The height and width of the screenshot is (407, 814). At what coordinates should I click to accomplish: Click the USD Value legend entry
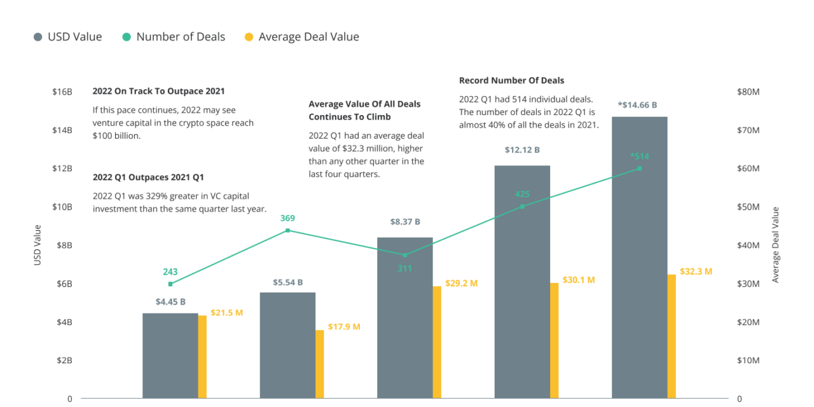[x=68, y=37]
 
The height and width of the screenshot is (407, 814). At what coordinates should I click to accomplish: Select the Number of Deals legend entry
[x=174, y=37]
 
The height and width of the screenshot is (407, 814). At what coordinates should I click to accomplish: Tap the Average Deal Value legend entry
[x=302, y=37]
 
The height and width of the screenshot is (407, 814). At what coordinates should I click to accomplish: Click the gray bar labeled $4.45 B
[x=170, y=355]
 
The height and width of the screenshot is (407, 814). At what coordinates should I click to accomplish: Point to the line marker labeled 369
[x=287, y=230]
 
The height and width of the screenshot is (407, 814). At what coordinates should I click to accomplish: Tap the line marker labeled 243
[x=170, y=284]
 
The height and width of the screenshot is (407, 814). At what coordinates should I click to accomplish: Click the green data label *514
[x=639, y=156]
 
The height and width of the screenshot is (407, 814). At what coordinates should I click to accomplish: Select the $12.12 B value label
[x=522, y=150]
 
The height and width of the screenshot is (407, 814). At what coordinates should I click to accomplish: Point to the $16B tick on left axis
[x=62, y=92]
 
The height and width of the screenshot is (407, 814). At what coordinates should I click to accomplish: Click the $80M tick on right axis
[x=748, y=92]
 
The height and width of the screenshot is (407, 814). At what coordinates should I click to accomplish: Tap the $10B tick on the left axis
[x=62, y=207]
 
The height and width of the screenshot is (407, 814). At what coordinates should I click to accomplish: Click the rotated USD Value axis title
[x=38, y=245]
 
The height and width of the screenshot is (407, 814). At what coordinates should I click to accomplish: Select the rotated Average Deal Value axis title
[x=775, y=245]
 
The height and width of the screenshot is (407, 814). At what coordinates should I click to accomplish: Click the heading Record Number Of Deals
[x=511, y=81]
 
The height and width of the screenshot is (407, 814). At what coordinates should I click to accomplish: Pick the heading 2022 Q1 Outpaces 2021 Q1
[x=148, y=177]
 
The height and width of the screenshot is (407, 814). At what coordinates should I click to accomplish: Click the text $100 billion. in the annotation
[x=116, y=135]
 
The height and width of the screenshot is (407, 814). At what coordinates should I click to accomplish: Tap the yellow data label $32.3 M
[x=696, y=272]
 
